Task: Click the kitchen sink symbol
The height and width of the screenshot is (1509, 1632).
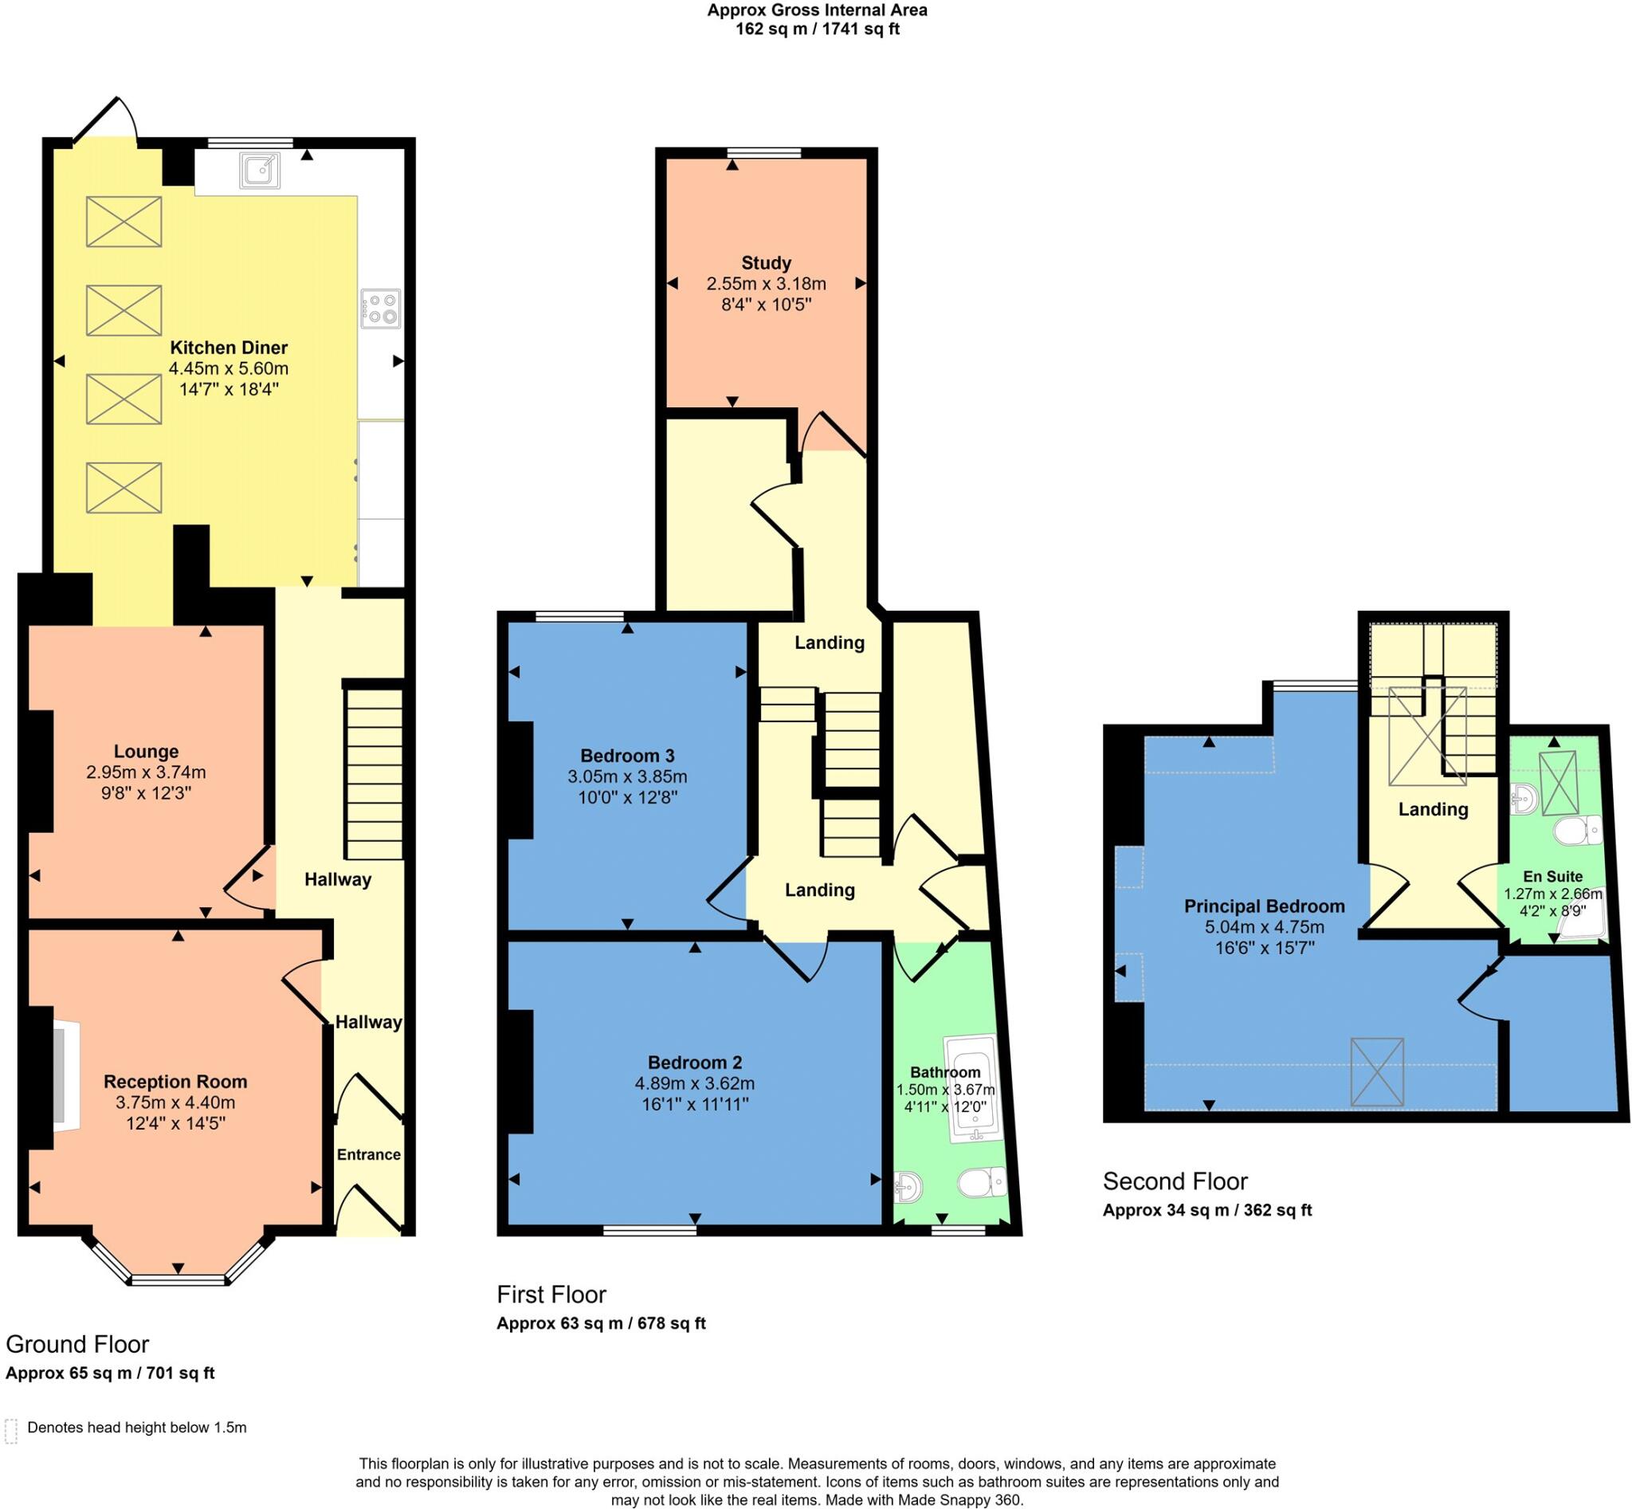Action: (x=261, y=170)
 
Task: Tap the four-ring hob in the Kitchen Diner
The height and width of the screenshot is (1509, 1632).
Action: (x=380, y=309)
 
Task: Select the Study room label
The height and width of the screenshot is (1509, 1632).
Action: (x=766, y=263)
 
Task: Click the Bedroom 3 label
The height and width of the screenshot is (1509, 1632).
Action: (x=627, y=756)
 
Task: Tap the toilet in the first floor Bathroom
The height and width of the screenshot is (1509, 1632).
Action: (x=981, y=1181)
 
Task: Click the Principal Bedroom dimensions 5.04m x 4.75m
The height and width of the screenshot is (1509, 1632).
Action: (x=1264, y=927)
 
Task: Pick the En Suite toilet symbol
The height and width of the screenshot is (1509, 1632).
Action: (x=1576, y=832)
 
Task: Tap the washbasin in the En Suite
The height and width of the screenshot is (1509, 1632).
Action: (x=1524, y=799)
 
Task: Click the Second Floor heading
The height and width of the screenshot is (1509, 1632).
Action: (x=1175, y=1181)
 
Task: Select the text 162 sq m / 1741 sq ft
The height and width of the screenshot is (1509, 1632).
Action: (x=817, y=29)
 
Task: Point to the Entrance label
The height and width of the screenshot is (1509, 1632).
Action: (x=368, y=1154)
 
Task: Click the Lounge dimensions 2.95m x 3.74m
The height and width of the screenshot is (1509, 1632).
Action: (x=146, y=772)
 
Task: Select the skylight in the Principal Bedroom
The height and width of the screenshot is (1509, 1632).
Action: (x=1376, y=1072)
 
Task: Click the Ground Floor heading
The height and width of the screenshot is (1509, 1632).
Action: (x=77, y=1344)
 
